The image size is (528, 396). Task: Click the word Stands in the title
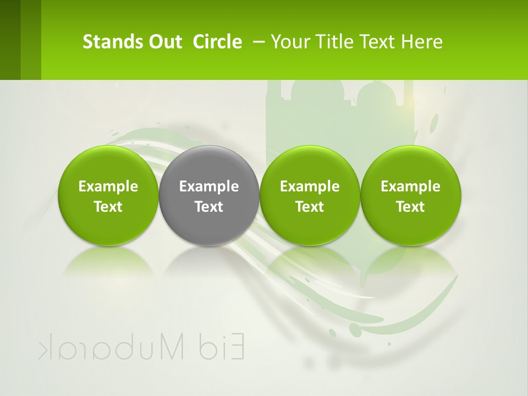[x=105, y=42]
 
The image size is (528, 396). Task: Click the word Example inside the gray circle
[x=209, y=186]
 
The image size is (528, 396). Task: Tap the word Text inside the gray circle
[x=209, y=207]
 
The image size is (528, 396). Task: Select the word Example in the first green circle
[x=108, y=186]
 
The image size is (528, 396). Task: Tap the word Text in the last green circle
[x=411, y=207]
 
